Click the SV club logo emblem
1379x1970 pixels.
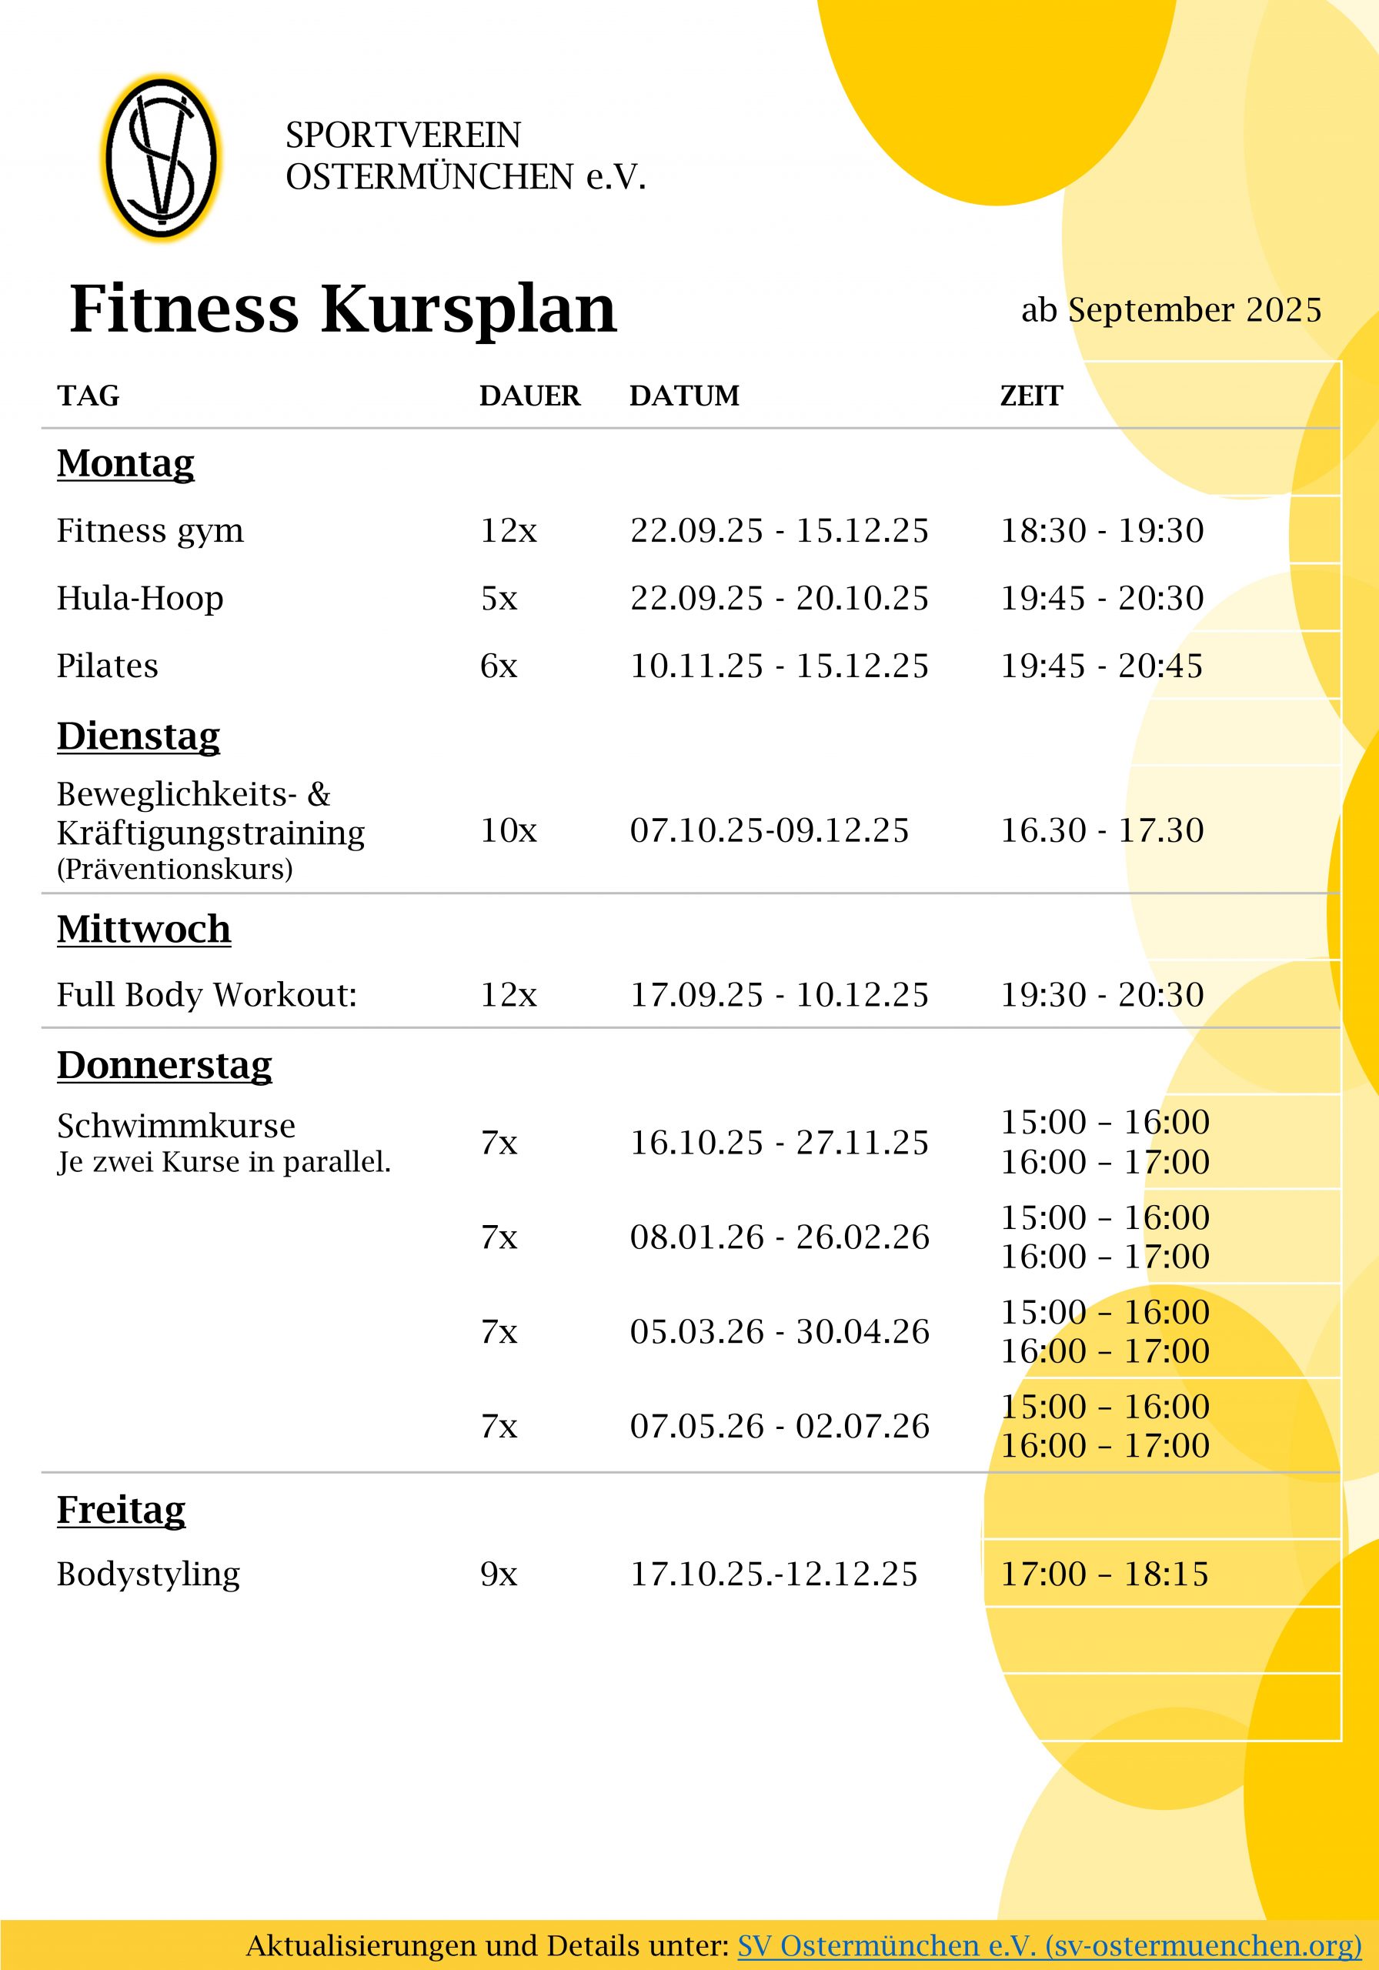tap(162, 158)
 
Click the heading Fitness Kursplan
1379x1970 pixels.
tap(343, 309)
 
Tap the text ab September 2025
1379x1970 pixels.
tap(1170, 310)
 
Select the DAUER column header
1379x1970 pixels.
tap(529, 396)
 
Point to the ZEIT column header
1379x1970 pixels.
tap(1030, 396)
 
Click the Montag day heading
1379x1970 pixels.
tap(125, 463)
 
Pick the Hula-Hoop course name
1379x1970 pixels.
tap(140, 598)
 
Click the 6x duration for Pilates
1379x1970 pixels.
tap(499, 666)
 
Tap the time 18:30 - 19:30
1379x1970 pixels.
tap(1102, 530)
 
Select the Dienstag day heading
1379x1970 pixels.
tap(139, 736)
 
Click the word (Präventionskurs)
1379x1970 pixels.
tap(174, 869)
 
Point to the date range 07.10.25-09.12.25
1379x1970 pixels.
tap(769, 830)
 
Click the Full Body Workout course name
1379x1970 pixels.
tap(206, 994)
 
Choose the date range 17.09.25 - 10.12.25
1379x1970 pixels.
tap(778, 994)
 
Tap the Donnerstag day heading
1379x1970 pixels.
tap(164, 1065)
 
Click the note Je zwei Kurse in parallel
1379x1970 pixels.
tap(223, 1162)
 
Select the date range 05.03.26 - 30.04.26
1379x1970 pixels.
tap(778, 1331)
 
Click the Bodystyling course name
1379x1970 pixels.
tap(148, 1574)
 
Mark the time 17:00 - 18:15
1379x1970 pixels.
tap(1104, 1574)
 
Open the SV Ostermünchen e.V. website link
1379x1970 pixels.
tap(1049, 1945)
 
